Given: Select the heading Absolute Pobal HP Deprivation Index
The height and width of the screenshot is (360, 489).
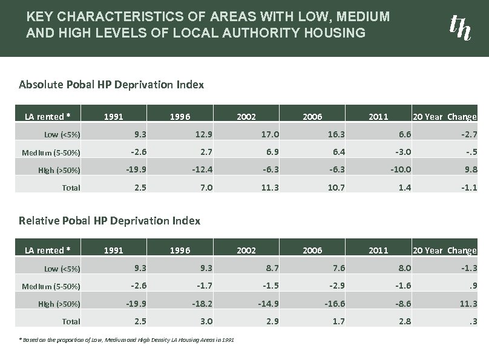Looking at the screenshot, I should point(111,84).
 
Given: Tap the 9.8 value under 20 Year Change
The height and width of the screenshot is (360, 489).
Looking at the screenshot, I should point(470,169).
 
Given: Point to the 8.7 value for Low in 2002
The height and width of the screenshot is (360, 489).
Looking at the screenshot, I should point(271,268).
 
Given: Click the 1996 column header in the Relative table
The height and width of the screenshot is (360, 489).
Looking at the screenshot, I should point(180,250).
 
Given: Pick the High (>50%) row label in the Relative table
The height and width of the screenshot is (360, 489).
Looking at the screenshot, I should point(59,304).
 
